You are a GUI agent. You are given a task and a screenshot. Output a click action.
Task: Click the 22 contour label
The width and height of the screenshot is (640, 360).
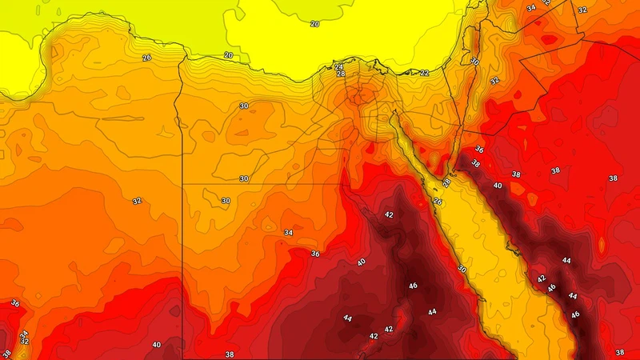424,73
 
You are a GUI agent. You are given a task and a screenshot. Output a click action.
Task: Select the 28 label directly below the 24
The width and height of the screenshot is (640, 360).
340,74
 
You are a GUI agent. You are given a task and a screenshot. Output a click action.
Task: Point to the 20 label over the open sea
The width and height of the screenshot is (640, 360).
314,24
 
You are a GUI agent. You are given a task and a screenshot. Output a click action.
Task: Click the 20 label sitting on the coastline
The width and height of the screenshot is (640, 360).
229,55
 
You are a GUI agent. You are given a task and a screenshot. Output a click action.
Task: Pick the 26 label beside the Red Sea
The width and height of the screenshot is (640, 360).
438,202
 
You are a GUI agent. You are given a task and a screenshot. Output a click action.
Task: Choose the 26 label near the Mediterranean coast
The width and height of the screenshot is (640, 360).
146,58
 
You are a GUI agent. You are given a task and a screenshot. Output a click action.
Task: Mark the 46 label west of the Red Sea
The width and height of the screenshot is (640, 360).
414,286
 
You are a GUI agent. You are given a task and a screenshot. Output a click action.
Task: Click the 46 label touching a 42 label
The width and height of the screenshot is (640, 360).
551,287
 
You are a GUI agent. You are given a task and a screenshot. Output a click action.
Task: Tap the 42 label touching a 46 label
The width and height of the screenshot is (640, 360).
542,279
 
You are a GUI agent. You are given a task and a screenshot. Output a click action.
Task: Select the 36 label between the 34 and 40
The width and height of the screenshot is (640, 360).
315,254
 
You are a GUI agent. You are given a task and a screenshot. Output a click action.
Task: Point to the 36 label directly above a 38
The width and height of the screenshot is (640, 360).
479,150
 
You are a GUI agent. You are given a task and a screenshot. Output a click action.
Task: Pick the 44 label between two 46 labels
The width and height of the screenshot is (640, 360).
572,296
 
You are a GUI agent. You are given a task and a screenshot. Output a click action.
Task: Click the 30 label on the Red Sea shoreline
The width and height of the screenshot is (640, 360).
462,270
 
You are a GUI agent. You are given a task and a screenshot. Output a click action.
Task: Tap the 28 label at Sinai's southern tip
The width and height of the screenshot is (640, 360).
446,183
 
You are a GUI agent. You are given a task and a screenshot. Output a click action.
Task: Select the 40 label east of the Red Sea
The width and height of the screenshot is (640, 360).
498,186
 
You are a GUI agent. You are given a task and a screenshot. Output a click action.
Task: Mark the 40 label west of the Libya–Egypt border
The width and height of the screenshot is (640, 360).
156,345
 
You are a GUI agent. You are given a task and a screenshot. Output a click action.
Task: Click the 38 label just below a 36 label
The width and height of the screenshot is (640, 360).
476,163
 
